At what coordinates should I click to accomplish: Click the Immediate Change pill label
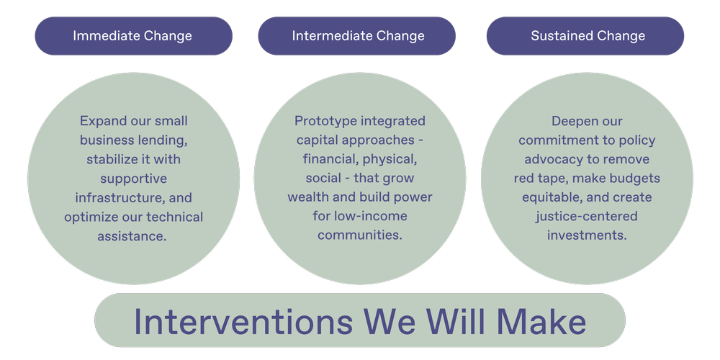tap(132, 36)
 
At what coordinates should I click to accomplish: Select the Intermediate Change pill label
tap(358, 36)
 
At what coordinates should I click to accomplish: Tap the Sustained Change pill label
tap(588, 36)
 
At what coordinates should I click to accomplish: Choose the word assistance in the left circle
tap(132, 235)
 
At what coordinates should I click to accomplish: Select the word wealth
tap(309, 197)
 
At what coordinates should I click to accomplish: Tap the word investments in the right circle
tap(587, 235)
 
